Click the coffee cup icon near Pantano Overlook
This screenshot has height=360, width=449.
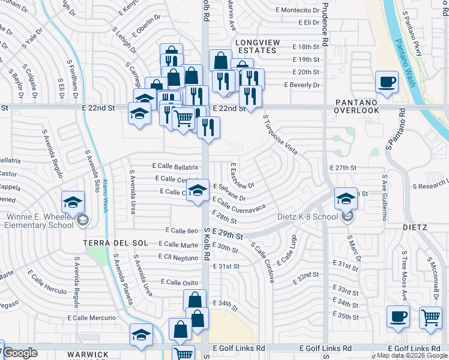[x=387, y=82]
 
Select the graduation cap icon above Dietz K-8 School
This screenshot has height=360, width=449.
[x=346, y=198]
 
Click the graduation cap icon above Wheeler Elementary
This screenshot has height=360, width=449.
[x=72, y=202]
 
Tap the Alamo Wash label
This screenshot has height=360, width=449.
[x=105, y=196]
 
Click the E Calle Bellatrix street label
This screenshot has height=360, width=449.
[x=175, y=166]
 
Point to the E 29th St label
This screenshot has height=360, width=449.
[x=228, y=236]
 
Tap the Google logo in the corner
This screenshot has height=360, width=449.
[x=20, y=353]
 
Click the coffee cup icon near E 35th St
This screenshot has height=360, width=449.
[x=398, y=317]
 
